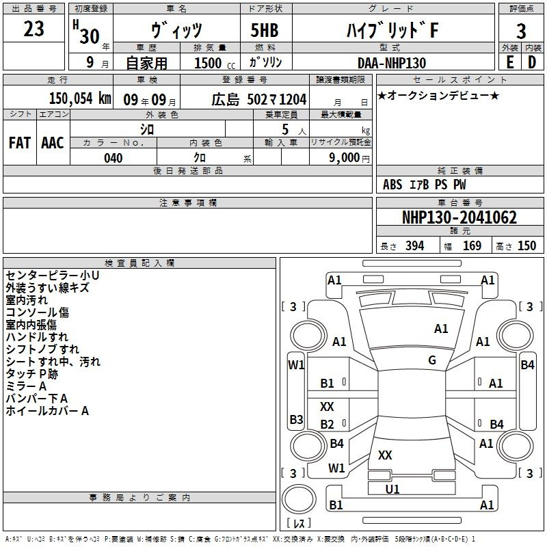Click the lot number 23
34,29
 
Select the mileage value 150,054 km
80,98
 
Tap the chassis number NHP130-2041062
459,217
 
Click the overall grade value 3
521,31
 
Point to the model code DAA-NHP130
392,63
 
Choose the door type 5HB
265,30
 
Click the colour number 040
114,158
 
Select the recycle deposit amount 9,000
344,158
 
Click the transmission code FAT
20,143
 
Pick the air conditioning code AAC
53,143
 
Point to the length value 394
415,245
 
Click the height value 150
526,245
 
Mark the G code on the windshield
432,360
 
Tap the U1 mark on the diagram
392,489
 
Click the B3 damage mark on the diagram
296,419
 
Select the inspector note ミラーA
26,386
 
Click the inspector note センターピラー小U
53,276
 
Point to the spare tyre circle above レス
299,499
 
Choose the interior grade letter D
532,63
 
